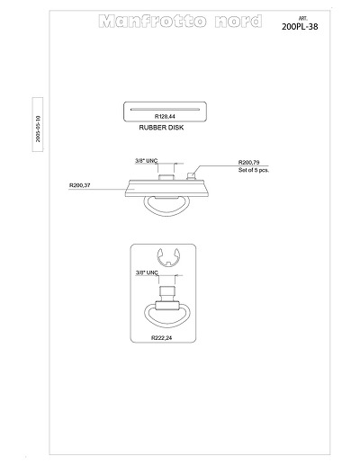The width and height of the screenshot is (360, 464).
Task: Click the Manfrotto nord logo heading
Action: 180,21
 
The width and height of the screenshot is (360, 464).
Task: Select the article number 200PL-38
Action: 300,27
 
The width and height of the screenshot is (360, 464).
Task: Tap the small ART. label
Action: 303,19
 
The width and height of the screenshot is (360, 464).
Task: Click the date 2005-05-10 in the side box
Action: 38,129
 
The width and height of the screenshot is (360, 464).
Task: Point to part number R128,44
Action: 165,116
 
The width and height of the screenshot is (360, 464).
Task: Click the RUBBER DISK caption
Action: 161,128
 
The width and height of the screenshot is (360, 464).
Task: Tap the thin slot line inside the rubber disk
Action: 165,110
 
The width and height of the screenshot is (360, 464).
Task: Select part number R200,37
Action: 80,185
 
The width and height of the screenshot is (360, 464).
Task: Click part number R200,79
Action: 248,163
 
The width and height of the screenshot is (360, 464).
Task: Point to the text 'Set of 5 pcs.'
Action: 254,170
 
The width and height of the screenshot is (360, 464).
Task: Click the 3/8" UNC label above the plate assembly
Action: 146,161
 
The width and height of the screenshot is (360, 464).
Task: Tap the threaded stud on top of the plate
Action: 166,177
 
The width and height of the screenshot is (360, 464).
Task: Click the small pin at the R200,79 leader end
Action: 191,176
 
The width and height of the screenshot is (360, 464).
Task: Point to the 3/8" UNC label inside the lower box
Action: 147,272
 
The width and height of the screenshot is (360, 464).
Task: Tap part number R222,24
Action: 162,338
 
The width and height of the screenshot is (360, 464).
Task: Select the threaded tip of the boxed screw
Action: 166,290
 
